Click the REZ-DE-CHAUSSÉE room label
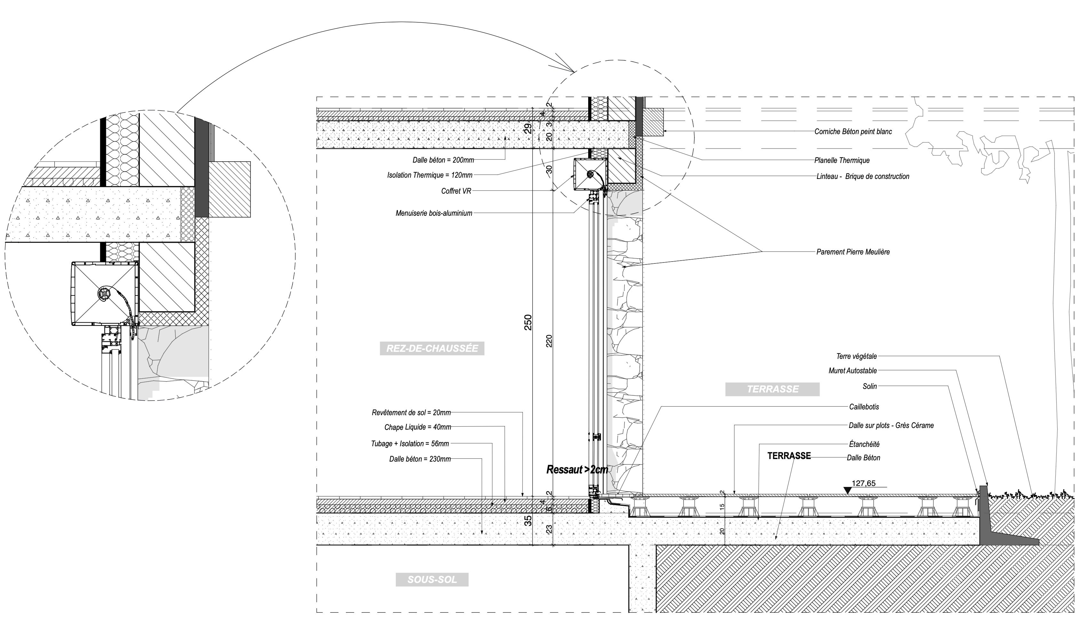pos(432,349)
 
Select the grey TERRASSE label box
pos(772,389)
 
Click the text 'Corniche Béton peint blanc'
pos(853,132)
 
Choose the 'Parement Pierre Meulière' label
pos(853,252)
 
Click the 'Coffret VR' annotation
pos(456,191)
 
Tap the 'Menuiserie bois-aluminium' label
pos(434,213)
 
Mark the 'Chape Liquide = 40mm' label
pos(418,427)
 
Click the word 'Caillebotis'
pos(864,407)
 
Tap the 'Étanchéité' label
pos(864,444)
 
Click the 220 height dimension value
pos(549,341)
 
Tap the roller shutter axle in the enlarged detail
pos(104,293)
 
